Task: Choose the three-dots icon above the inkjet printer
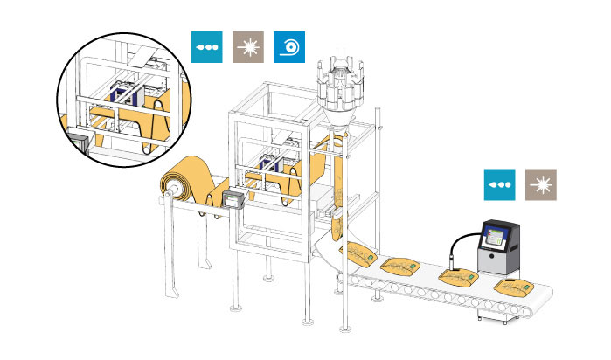501,186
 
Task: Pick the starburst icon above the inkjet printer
541,186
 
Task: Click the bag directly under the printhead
456,276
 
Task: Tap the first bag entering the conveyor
360,254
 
